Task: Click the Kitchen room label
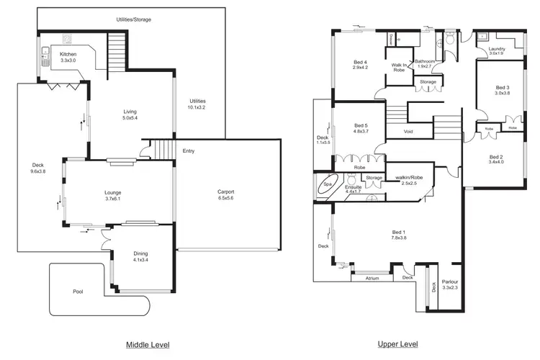click(x=68, y=54)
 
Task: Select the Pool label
click(x=78, y=292)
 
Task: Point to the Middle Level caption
click(x=148, y=345)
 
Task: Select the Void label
click(x=408, y=132)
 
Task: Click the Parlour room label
click(x=450, y=282)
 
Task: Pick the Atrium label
click(x=372, y=278)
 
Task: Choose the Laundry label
click(x=498, y=48)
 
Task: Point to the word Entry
click(x=189, y=151)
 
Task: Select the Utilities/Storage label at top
click(x=134, y=19)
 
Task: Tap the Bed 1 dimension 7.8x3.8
click(x=398, y=238)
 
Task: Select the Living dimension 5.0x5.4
click(x=130, y=117)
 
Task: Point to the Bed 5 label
click(x=361, y=126)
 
